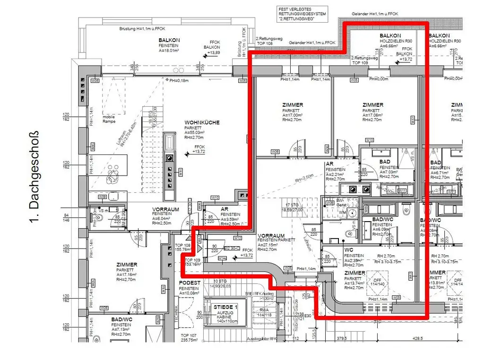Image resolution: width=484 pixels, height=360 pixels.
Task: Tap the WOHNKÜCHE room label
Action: point(202,122)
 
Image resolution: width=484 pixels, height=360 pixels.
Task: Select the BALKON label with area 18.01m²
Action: point(170,41)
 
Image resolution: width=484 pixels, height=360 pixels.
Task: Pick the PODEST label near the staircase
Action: point(189,283)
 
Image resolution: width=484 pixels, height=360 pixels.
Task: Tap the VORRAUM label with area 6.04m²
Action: point(165,209)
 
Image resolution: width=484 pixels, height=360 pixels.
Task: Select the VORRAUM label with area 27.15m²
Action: point(271,235)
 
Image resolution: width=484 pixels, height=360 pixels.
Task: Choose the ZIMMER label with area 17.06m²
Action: point(372,105)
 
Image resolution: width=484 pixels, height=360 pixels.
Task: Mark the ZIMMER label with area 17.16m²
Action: point(127,265)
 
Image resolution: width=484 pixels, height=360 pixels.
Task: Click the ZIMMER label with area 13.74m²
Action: point(354,273)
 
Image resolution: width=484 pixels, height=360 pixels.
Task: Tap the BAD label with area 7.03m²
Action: point(385,162)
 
